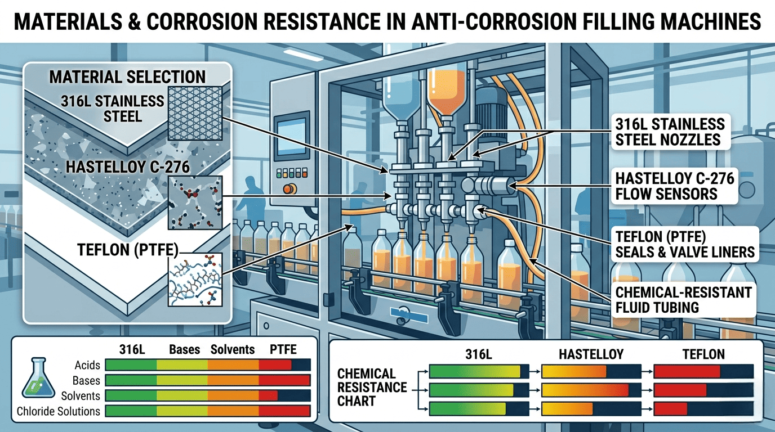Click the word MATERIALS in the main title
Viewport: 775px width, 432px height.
pos(68,21)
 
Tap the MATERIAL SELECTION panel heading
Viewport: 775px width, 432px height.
pos(127,76)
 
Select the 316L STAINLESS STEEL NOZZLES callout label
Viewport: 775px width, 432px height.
pos(670,132)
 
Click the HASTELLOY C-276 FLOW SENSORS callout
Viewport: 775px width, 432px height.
pos(675,186)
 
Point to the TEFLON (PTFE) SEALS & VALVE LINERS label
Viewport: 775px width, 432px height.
pos(685,244)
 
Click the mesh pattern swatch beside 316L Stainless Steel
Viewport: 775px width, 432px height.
pos(195,113)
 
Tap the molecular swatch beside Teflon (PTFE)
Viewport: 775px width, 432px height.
pos(195,279)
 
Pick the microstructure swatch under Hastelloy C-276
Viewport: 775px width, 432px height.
pos(195,202)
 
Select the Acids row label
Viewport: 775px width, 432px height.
pos(87,365)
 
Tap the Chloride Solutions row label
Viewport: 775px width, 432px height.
pos(58,411)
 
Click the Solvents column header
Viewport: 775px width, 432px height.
pos(233,349)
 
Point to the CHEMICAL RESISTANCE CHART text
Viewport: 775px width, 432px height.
pos(372,388)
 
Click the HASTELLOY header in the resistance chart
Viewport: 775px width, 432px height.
pos(591,354)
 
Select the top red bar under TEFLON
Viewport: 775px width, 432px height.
pos(687,371)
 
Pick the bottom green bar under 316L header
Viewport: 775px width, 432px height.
pos(467,409)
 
